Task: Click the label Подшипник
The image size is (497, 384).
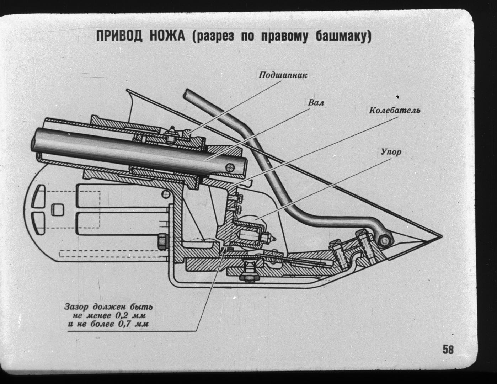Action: (x=283, y=75)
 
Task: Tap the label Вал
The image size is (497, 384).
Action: (x=316, y=103)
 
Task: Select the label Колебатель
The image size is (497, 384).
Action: (x=394, y=111)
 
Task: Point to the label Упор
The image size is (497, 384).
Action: (x=391, y=152)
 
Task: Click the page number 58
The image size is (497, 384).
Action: (x=448, y=350)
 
